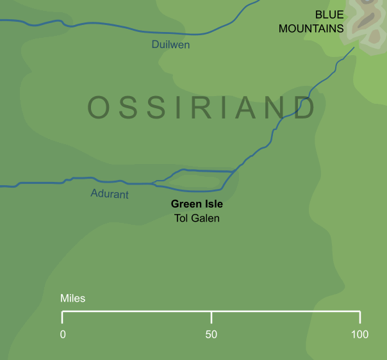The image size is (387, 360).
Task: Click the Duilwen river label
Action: (170, 45)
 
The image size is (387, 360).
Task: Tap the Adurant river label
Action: (110, 194)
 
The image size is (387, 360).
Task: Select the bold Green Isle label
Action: (197, 205)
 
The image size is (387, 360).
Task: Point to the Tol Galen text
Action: (197, 218)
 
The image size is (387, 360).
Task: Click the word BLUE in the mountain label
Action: (329, 15)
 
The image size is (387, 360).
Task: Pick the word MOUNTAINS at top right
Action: (311, 29)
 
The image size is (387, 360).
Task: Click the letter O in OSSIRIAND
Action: (99, 108)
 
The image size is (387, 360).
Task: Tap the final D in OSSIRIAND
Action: (306, 108)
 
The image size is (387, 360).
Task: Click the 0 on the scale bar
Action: (63, 334)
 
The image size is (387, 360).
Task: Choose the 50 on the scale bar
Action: (211, 334)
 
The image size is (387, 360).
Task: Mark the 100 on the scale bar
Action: (360, 334)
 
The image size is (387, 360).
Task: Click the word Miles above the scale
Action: (72, 299)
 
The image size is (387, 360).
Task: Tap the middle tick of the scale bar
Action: (211, 317)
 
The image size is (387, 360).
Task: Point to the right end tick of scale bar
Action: (360, 317)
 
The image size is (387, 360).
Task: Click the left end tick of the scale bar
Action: (62, 317)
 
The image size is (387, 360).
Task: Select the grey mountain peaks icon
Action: (366, 22)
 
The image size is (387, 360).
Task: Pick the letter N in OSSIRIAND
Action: (277, 108)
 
